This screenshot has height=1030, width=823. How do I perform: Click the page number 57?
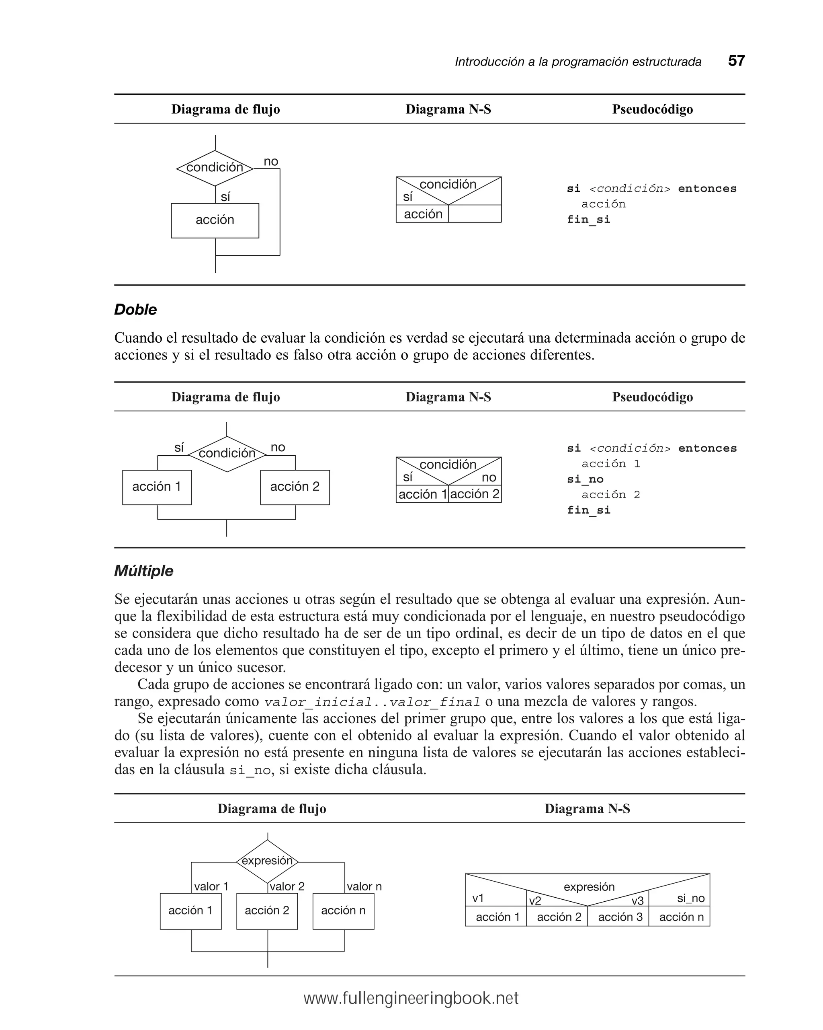click(x=736, y=61)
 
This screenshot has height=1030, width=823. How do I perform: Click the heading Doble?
click(x=135, y=310)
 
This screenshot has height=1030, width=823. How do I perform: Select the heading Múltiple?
click(x=144, y=571)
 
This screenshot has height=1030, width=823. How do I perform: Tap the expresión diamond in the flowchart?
click(x=267, y=861)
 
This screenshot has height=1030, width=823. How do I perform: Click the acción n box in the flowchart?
click(x=343, y=911)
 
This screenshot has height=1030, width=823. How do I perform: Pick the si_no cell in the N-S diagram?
click(x=690, y=898)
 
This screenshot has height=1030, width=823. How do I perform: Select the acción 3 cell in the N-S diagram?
click(x=620, y=917)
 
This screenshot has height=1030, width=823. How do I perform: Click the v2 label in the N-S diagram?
click(x=535, y=901)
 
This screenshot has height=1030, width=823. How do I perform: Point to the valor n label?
click(x=364, y=887)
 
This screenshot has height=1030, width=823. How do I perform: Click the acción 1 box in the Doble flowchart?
click(x=157, y=487)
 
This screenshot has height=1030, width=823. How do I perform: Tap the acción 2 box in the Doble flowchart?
click(x=295, y=487)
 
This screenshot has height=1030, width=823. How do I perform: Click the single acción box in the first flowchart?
click(x=215, y=220)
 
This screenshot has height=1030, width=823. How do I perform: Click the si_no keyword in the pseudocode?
click(x=585, y=479)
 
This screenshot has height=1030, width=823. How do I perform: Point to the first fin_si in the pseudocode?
click(x=588, y=219)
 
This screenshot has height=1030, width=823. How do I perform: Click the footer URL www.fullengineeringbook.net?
click(x=411, y=999)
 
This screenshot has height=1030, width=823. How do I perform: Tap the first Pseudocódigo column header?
click(x=652, y=109)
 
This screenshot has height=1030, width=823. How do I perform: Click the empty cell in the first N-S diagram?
click(x=475, y=214)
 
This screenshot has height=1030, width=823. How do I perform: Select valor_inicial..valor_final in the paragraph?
click(x=372, y=702)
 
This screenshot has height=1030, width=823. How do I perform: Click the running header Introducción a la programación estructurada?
click(x=577, y=62)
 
